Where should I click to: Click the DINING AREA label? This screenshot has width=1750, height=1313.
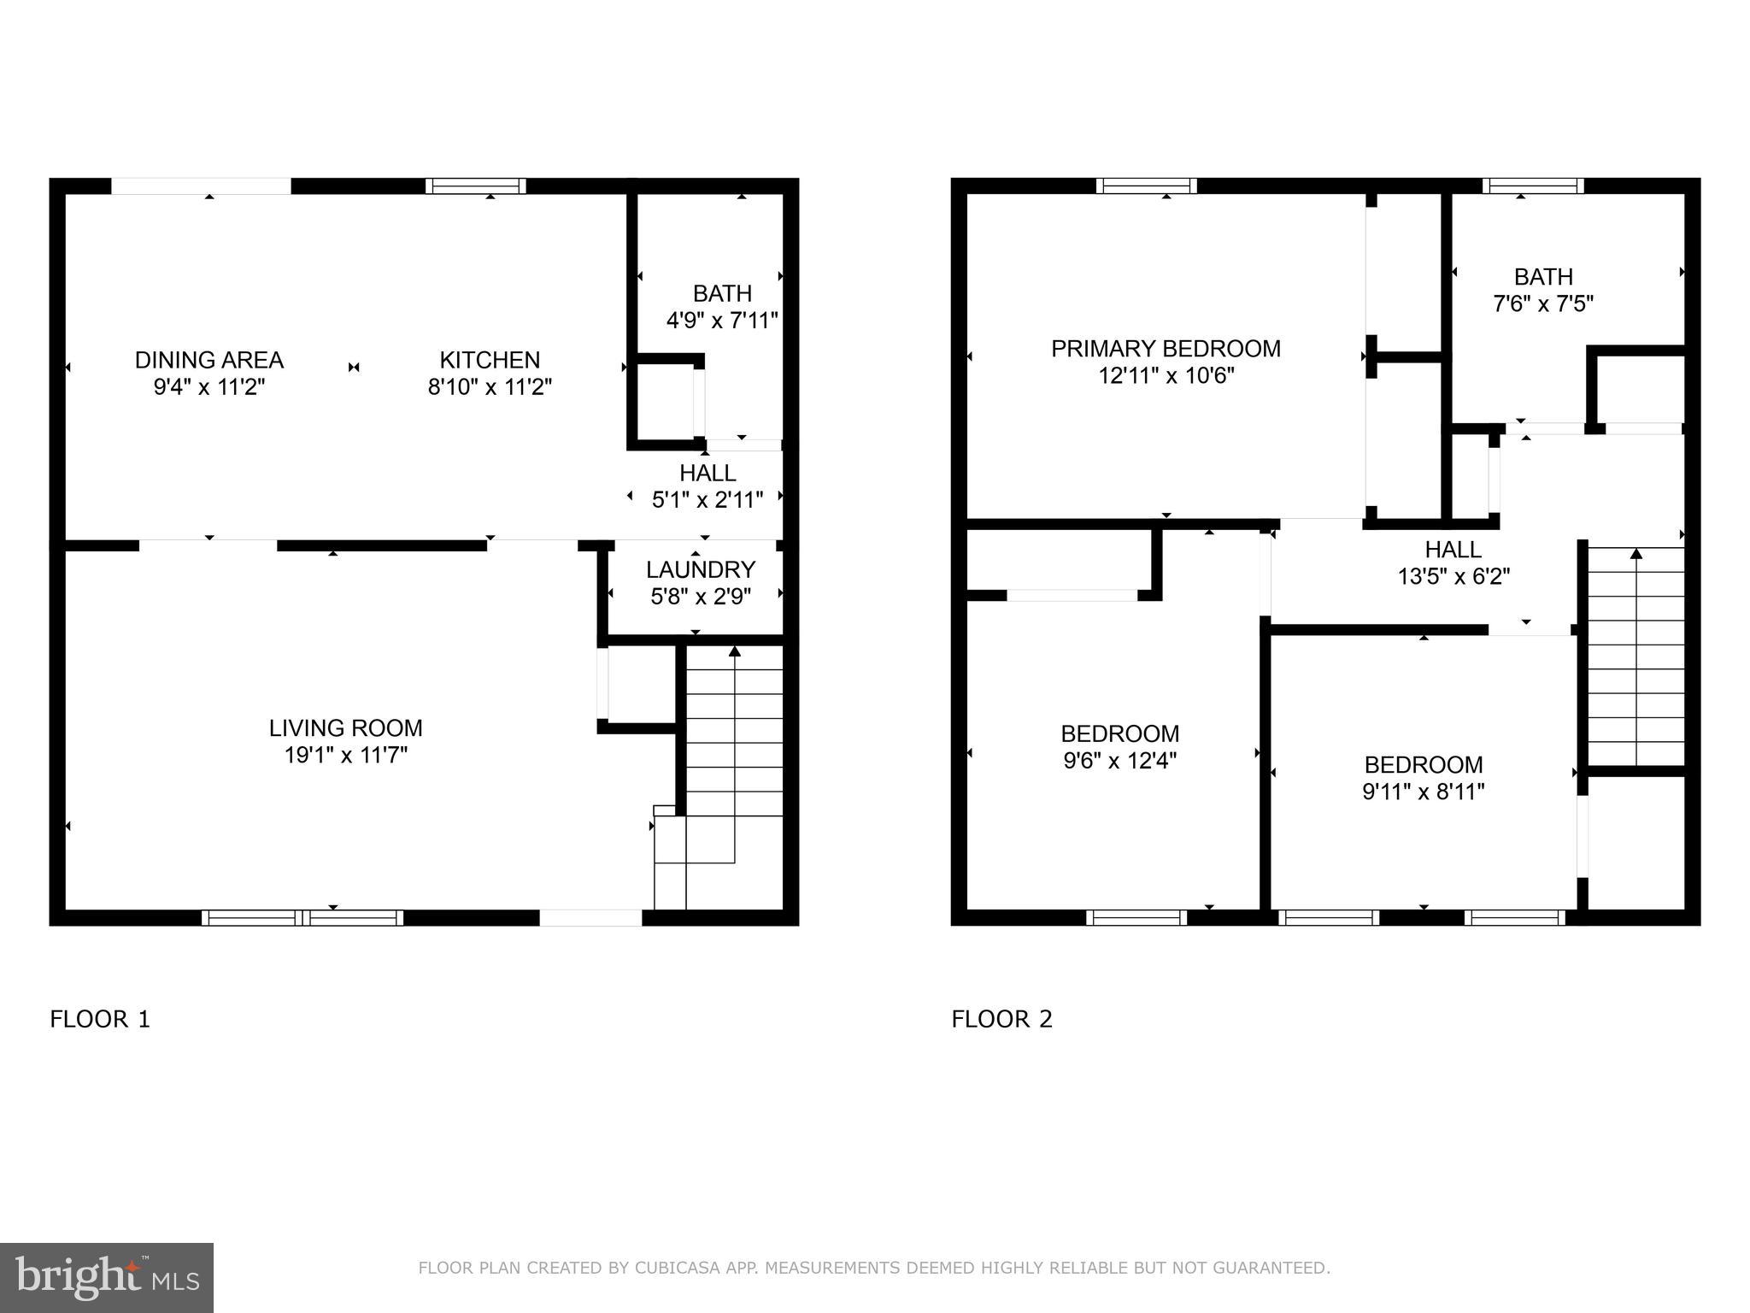209,360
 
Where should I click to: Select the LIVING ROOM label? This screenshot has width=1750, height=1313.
345,728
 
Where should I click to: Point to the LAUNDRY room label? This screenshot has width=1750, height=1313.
701,569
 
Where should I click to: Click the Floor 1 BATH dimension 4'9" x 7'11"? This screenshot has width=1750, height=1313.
722,321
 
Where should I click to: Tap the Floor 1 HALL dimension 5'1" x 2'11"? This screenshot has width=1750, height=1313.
708,500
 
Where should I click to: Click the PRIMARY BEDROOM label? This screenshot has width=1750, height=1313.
1166,349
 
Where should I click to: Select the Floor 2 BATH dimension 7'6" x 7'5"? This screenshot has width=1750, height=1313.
1543,304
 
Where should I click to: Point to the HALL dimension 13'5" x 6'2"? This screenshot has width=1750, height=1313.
1453,577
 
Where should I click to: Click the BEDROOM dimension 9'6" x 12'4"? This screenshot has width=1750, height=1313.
1119,761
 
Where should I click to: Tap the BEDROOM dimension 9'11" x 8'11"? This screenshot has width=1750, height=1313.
1423,792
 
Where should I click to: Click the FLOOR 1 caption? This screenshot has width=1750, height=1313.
100,1019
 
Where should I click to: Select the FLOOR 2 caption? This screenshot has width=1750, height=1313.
1001,1019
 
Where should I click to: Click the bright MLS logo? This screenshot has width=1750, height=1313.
107,1277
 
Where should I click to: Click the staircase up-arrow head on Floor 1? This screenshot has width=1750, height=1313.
735,651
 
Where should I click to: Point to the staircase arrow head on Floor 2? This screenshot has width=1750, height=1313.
1635,553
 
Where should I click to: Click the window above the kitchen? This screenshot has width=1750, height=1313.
476,186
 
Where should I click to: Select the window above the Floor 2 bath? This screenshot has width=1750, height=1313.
1533,186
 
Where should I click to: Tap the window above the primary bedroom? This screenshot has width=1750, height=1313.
1146,186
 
